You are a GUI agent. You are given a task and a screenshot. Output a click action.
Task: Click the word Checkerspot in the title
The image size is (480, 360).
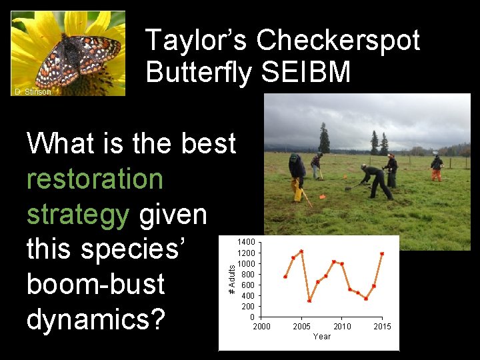[x=337, y=41]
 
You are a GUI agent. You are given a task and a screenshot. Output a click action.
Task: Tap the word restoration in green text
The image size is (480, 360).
[x=95, y=179]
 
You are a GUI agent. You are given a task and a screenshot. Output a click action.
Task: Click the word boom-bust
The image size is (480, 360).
[x=95, y=284]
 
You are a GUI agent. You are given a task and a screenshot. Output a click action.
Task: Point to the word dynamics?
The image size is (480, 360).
[x=96, y=319]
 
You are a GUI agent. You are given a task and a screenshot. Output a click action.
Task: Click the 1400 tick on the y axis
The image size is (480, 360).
[x=247, y=241]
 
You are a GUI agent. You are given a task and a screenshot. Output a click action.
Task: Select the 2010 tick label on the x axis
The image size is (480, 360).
[x=342, y=326]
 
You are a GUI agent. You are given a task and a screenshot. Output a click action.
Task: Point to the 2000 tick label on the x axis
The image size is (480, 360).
[x=261, y=326]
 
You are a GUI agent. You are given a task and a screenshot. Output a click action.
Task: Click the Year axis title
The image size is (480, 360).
[x=322, y=336]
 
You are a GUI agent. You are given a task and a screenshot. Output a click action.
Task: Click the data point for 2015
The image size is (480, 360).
[x=382, y=253]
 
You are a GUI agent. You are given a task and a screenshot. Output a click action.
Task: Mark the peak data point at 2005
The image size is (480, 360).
[x=301, y=251]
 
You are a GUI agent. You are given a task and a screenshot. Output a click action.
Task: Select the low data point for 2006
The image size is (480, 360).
[x=309, y=301]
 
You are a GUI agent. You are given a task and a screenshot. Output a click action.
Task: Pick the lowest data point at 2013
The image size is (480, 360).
[x=366, y=299]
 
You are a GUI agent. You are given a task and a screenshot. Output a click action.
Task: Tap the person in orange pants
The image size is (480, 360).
[x=436, y=168]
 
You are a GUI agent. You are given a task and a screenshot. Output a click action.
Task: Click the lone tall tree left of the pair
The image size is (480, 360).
[x=324, y=138]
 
